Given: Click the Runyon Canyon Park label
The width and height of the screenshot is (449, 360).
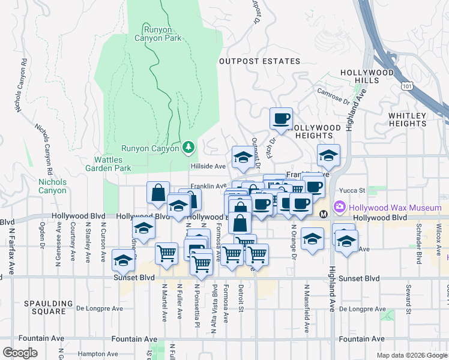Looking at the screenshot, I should (x=162, y=33).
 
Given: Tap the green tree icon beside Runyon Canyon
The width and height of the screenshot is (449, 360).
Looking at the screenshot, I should (x=188, y=147).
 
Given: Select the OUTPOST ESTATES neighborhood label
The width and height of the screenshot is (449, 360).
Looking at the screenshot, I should (x=259, y=61).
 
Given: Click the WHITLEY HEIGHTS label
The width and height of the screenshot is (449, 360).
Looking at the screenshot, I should (x=407, y=119).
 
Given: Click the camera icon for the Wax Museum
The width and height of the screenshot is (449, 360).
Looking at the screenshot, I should (x=340, y=206).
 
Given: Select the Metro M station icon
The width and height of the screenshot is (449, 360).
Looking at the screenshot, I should (x=323, y=214).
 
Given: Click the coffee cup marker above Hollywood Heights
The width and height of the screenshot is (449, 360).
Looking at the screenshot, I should (x=280, y=118).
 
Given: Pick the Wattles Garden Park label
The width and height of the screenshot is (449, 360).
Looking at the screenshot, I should (x=112, y=164).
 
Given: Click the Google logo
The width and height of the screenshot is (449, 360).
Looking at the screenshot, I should (x=20, y=353).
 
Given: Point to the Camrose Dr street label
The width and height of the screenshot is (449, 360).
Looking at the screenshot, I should (x=334, y=98).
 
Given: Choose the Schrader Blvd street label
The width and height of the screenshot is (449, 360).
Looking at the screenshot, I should (x=419, y=250).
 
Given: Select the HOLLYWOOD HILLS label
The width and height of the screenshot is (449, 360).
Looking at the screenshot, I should (x=367, y=76).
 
